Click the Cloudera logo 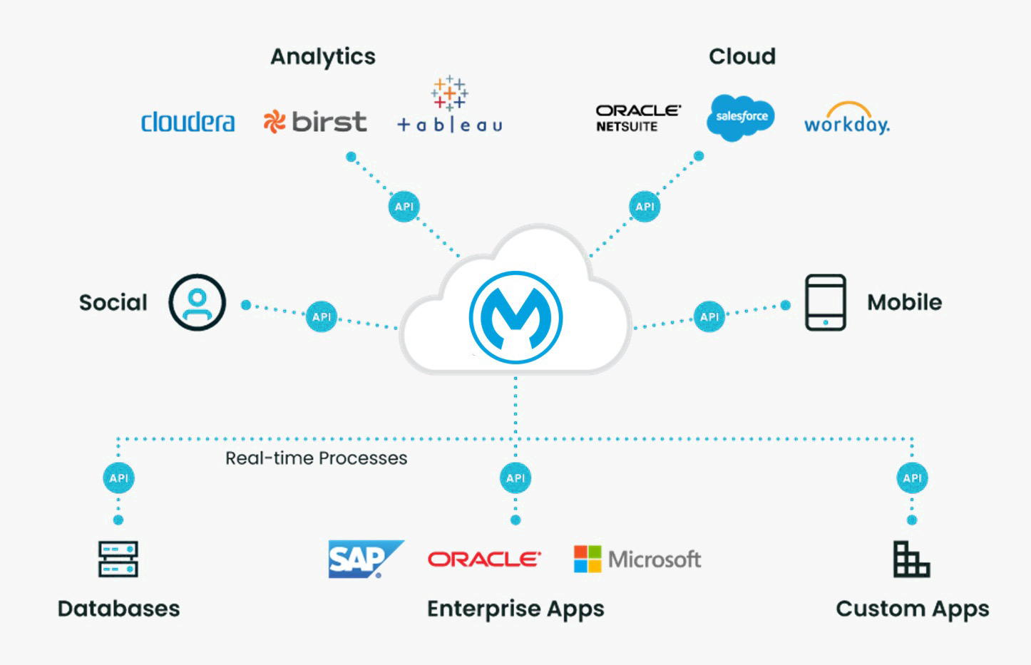pyautogui.click(x=188, y=122)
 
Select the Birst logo pyautogui.click(x=314, y=122)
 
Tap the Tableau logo pyautogui.click(x=449, y=107)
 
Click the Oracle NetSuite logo pyautogui.click(x=637, y=118)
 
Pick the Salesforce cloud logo pyautogui.click(x=741, y=117)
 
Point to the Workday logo pyautogui.click(x=846, y=120)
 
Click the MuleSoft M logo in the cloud pyautogui.click(x=515, y=317)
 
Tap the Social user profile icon pyautogui.click(x=198, y=302)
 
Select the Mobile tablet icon pyautogui.click(x=826, y=302)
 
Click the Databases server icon pyautogui.click(x=118, y=559)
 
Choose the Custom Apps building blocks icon pyautogui.click(x=911, y=559)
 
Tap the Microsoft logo pyautogui.click(x=637, y=560)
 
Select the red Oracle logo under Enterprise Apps pyautogui.click(x=484, y=560)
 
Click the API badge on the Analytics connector pyautogui.click(x=404, y=207)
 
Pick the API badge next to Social pyautogui.click(x=322, y=317)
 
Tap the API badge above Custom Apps pyautogui.click(x=912, y=478)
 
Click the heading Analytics pyautogui.click(x=323, y=56)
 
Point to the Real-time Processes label pyautogui.click(x=316, y=458)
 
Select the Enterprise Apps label pyautogui.click(x=515, y=609)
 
